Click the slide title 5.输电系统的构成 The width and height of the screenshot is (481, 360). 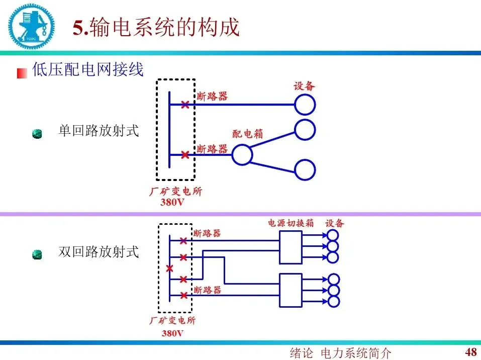tap(156, 28)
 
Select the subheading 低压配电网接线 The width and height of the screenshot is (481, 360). tap(88, 69)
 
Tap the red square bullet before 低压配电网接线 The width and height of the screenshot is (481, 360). tap(22, 73)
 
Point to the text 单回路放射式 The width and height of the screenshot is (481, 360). tap(99, 132)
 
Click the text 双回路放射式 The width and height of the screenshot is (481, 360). tap(99, 251)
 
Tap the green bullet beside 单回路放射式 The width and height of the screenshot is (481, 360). tap(37, 134)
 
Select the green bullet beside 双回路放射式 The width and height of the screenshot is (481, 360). tap(37, 254)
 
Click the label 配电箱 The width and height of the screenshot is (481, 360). tap(247, 134)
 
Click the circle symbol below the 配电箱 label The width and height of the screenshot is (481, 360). tap(242, 155)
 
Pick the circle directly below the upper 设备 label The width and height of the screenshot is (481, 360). tap(305, 105)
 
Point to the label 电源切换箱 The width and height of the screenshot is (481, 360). tap(291, 223)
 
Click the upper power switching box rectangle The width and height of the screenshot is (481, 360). tap(291, 247)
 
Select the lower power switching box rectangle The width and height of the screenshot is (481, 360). tap(291, 290)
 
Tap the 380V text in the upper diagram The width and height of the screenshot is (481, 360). tap(172, 203)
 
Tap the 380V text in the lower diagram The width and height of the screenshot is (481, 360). tap(172, 333)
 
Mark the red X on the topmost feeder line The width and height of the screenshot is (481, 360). tap(185, 105)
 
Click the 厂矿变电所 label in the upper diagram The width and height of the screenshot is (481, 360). tap(176, 192)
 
